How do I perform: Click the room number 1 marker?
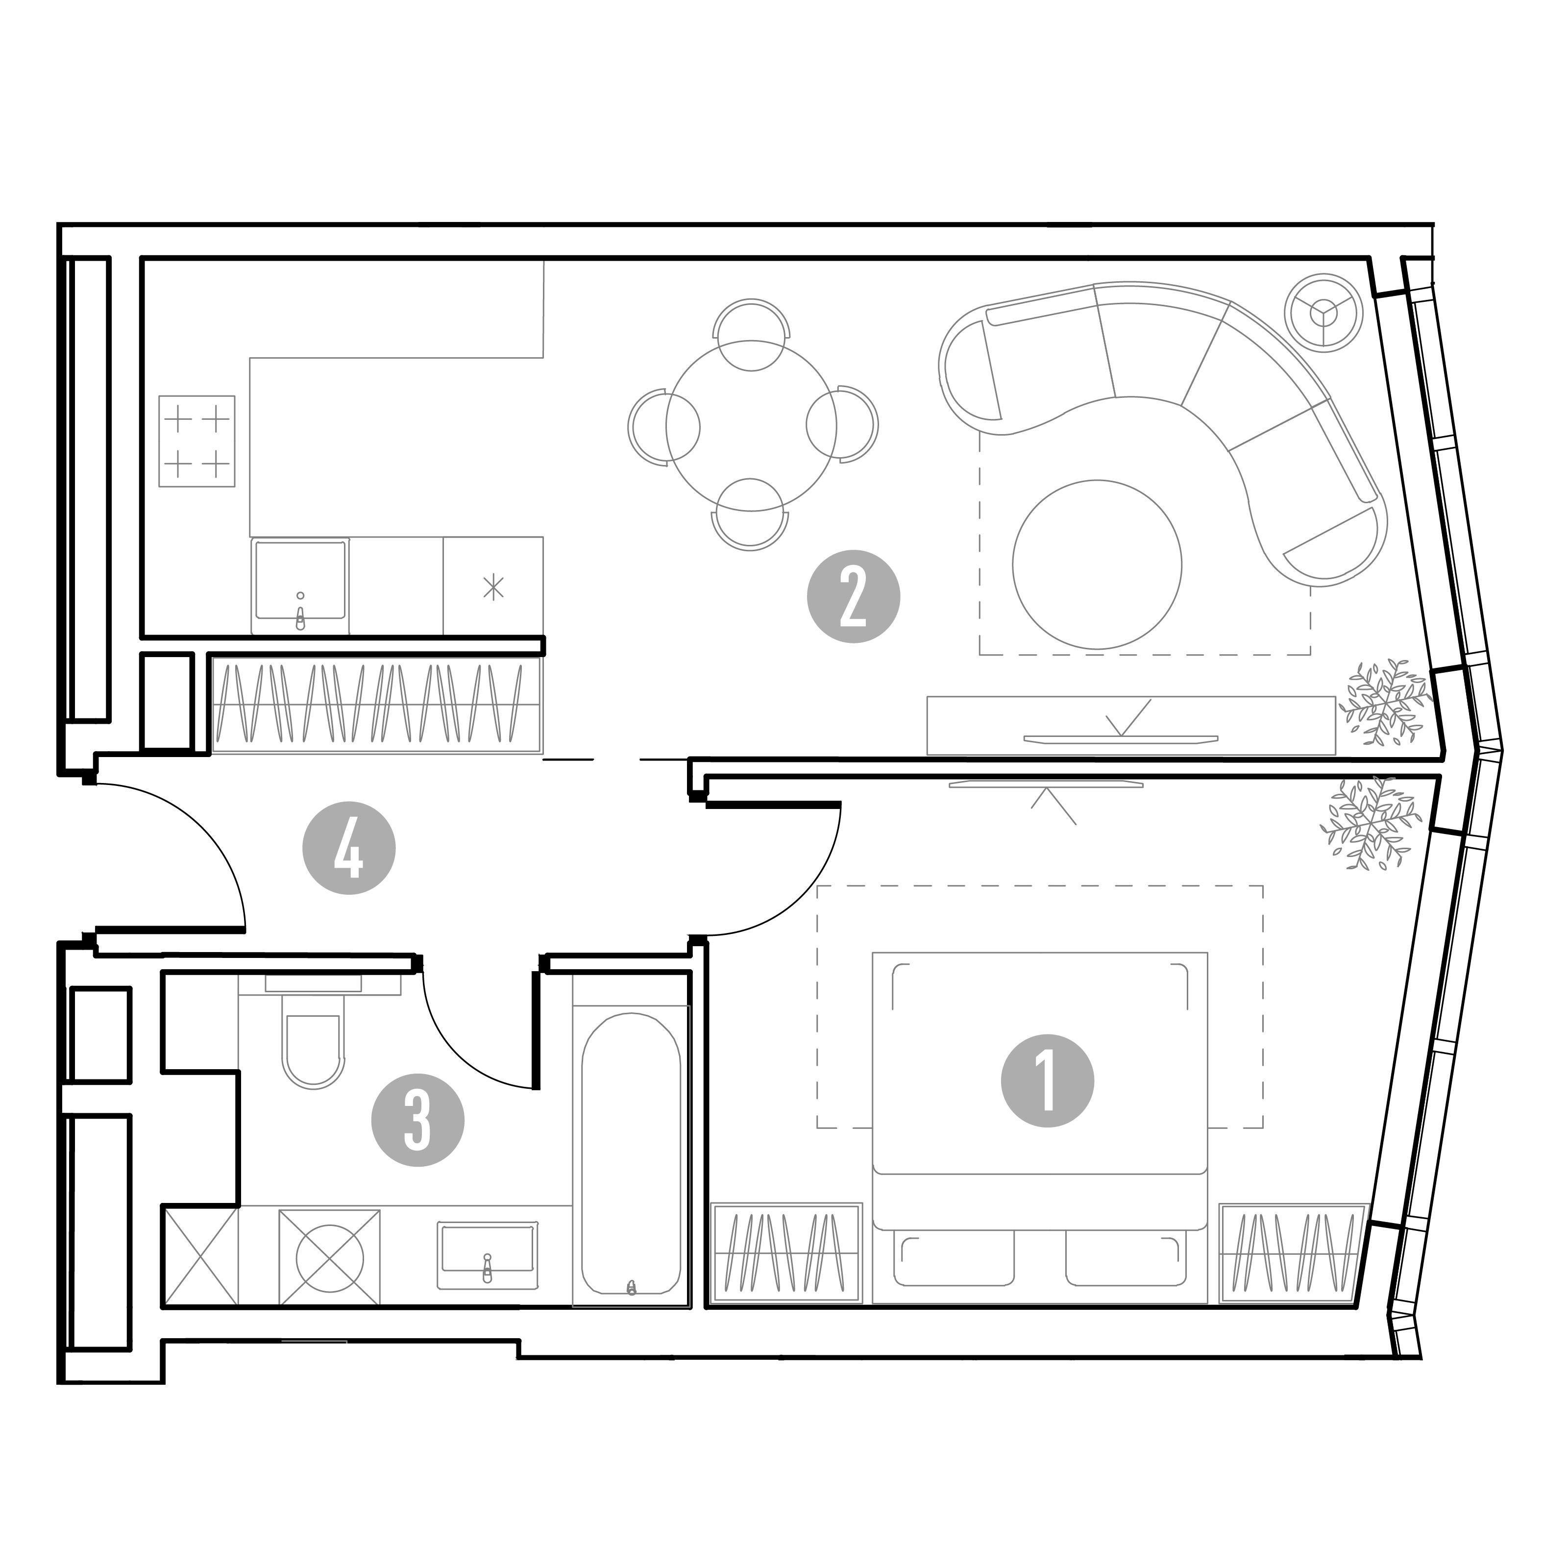point(1047,1081)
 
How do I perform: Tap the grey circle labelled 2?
point(853,596)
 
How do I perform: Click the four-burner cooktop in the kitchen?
point(196,441)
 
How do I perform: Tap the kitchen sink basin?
point(300,585)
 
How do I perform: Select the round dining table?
point(752,425)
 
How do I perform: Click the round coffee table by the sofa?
point(1097,564)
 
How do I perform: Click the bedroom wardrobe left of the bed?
point(785,1252)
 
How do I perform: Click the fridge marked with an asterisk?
point(492,586)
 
